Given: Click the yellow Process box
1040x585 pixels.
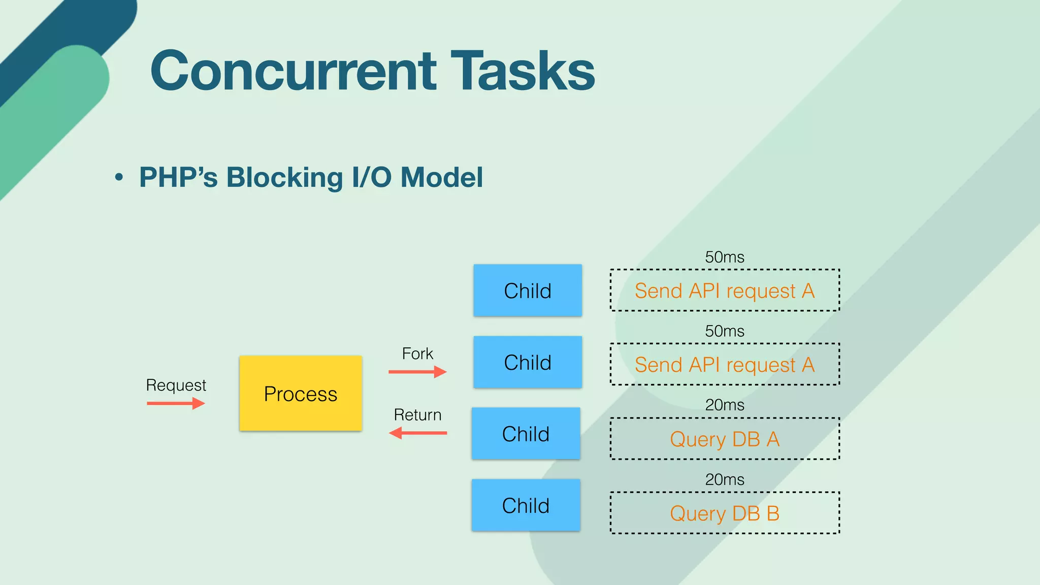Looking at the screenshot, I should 301,394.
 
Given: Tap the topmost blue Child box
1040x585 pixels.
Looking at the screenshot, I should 528,290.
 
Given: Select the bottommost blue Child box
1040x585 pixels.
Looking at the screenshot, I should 526,505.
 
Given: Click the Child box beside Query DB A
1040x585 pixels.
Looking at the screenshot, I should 526,434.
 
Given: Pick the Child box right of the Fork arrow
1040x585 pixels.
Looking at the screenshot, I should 528,362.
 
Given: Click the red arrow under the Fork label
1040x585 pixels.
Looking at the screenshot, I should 417,372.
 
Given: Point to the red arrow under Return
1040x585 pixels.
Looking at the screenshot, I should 417,433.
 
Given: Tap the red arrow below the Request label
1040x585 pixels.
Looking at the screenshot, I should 176,404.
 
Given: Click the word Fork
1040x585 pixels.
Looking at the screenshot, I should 417,353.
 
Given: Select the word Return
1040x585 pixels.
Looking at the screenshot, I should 417,415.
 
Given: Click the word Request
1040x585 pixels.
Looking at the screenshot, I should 176,385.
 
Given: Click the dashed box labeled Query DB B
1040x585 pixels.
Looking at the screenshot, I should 725,513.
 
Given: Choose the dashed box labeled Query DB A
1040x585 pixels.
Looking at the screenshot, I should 725,439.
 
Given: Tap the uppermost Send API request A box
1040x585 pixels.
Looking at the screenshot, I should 725,290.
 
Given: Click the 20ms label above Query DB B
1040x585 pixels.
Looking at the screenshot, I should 725,479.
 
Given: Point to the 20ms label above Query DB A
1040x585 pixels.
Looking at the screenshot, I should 725,405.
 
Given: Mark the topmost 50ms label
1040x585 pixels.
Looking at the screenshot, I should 725,257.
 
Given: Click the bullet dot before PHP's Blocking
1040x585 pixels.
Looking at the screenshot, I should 119,177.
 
